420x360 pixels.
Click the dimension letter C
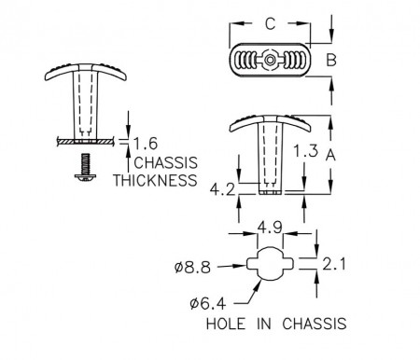coord(271,23)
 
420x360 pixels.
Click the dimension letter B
coord(331,60)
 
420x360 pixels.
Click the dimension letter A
coord(330,155)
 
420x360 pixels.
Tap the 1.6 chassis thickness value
coord(146,144)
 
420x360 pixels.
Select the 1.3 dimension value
coord(306,151)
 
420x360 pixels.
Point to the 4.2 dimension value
coord(222,189)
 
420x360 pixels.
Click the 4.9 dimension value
coord(270,228)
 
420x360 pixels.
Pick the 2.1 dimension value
coord(334,265)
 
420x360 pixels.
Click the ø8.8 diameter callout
coord(192,268)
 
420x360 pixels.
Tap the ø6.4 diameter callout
coord(207,304)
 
